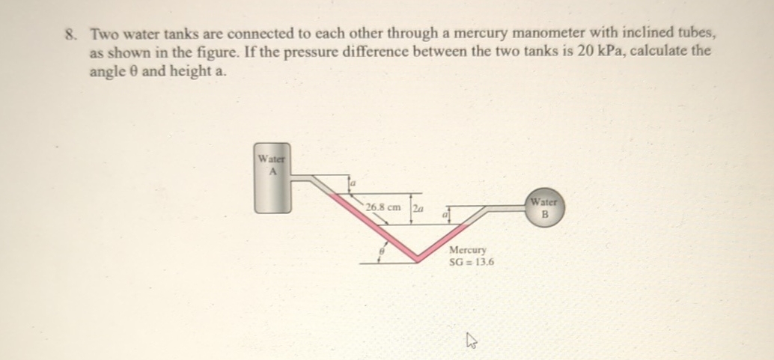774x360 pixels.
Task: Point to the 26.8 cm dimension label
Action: [x=383, y=207]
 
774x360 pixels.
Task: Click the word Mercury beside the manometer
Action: [x=468, y=250]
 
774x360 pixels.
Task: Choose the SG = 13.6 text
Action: [x=471, y=262]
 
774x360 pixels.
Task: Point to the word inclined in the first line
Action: [x=624, y=34]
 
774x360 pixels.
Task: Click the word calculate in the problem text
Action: [x=659, y=54]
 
